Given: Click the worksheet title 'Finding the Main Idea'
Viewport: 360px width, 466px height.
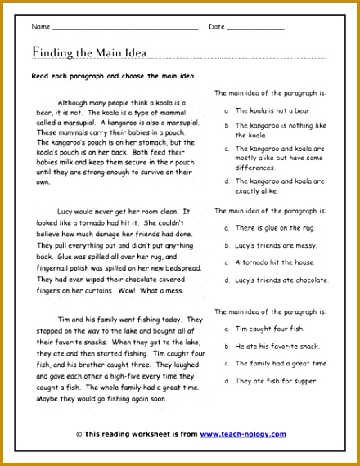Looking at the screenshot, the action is pos(89,53).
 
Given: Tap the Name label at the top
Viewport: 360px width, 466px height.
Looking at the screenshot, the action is pos(40,27).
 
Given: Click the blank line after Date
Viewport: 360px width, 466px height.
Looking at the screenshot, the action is pos(254,28).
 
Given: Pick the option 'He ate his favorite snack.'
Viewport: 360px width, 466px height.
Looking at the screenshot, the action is pos(277,345).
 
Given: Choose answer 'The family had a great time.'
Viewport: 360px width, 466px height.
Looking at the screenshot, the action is pos(281,363).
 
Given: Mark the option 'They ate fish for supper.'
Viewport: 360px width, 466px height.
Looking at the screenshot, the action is pos(276,380).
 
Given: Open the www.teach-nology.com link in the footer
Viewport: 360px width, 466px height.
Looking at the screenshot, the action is pos(243,434).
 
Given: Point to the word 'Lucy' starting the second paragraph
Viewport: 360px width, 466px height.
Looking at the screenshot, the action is pos(70,210).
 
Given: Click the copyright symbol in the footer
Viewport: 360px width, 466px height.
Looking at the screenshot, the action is pos(79,434).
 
